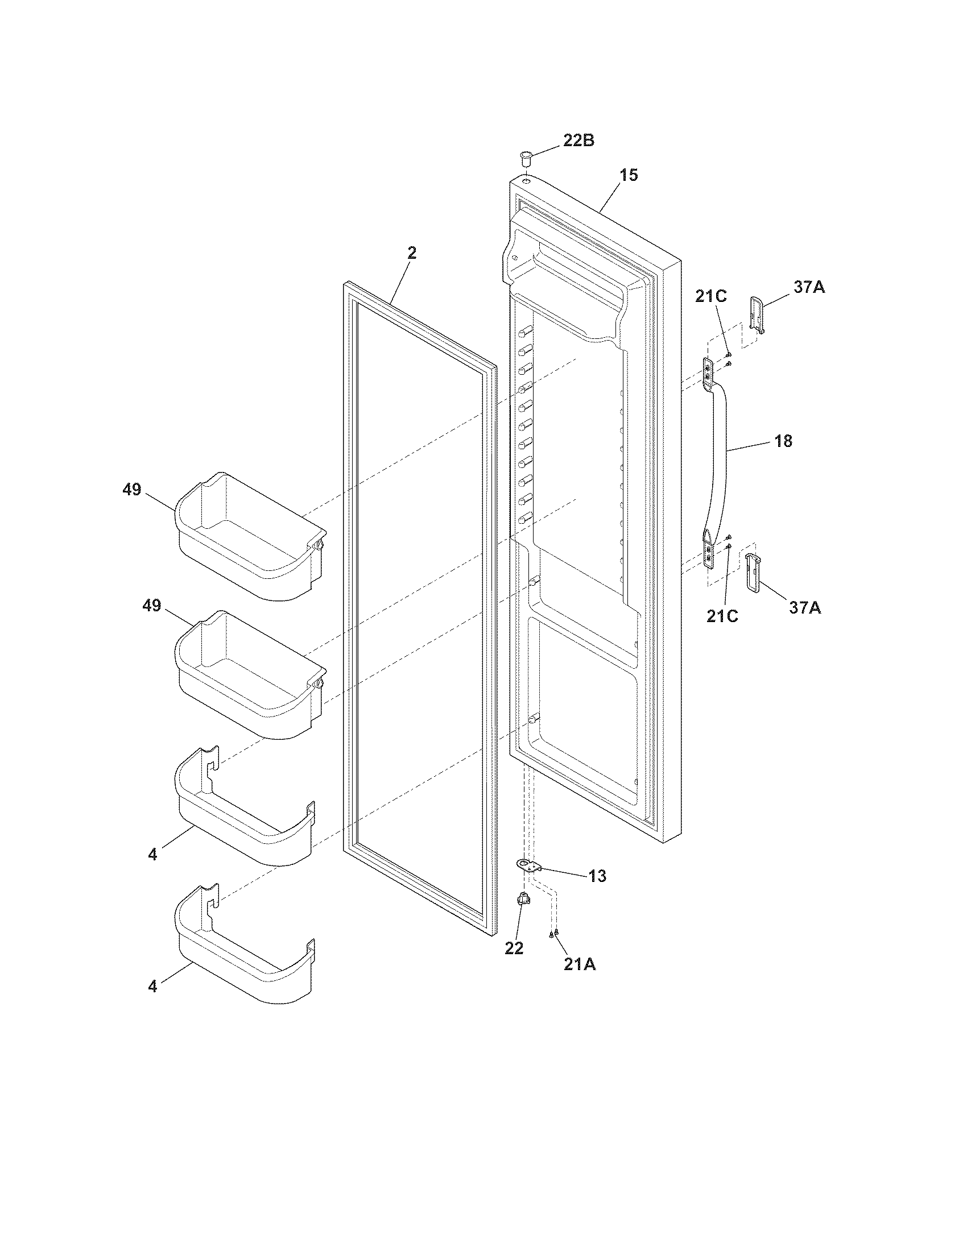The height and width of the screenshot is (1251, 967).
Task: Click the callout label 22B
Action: tap(578, 140)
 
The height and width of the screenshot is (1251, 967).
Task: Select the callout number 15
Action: tap(629, 175)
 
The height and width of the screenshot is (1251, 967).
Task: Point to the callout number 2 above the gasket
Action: tap(412, 252)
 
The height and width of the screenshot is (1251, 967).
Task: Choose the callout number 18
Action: tap(783, 441)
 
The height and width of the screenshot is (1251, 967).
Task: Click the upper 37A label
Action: tap(809, 287)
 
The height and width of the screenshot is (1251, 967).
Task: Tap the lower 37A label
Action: tap(805, 608)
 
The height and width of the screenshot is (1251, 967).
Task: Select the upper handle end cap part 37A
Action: tap(756, 314)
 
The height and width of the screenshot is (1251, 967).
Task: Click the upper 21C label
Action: tap(711, 296)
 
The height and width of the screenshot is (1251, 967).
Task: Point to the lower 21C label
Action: tap(722, 616)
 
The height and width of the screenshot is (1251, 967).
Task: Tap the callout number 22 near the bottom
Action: tap(514, 948)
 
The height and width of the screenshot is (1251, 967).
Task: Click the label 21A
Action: tap(579, 964)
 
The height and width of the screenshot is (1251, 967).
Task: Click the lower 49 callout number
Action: tap(152, 606)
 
